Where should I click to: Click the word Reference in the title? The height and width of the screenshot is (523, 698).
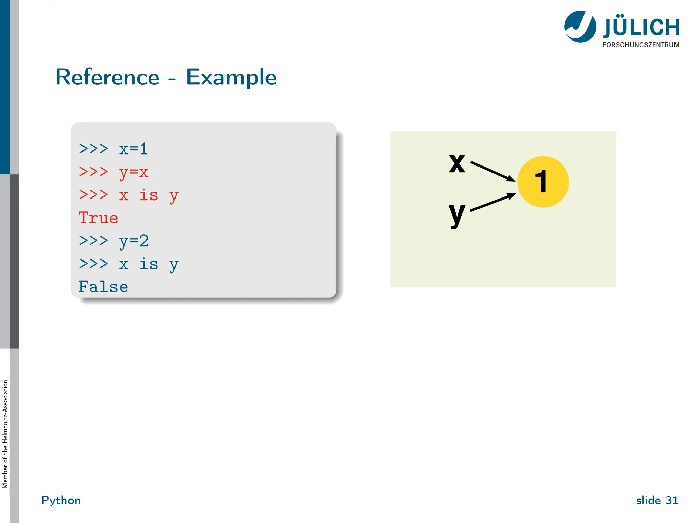[x=107, y=77]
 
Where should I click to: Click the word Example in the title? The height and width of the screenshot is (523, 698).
[x=231, y=77]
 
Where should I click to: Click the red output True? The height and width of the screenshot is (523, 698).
[x=98, y=218]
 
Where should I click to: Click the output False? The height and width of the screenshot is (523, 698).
[x=103, y=287]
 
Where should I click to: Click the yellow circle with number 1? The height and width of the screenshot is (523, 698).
[x=543, y=182]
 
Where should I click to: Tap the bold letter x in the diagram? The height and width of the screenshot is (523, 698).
[x=457, y=163]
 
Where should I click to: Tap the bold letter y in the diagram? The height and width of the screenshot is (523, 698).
[x=457, y=215]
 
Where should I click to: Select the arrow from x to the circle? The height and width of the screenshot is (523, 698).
[x=492, y=171]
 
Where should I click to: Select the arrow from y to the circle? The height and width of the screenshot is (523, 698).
[x=492, y=203]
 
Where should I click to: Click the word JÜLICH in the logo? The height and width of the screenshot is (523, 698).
[x=641, y=28]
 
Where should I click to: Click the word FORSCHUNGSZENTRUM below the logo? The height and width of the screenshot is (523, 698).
[x=641, y=45]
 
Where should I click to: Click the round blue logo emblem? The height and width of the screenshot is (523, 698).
[x=580, y=27]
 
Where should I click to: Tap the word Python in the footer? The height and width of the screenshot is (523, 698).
[x=61, y=500]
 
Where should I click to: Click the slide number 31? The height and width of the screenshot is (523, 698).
[x=672, y=500]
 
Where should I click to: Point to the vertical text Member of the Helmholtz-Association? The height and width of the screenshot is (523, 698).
[x=5, y=434]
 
